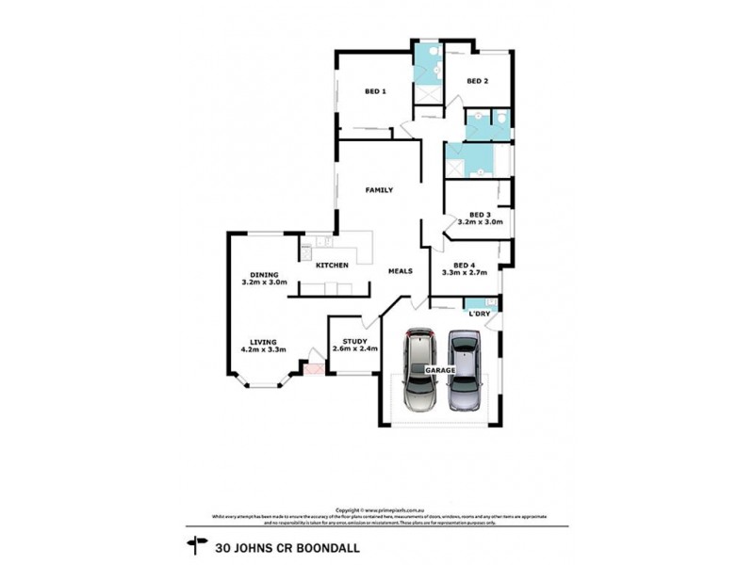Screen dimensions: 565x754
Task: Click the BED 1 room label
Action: (x=375, y=91)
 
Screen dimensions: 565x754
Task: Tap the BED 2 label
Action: (x=478, y=82)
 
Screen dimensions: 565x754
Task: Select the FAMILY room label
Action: (x=379, y=190)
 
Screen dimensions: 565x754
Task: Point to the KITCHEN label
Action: (x=333, y=266)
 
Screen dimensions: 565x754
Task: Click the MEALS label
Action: (x=402, y=271)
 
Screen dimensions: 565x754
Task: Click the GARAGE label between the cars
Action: (x=440, y=371)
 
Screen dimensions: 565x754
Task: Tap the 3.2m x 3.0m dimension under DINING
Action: (x=265, y=282)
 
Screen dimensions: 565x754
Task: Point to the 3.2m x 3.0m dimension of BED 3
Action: (x=480, y=222)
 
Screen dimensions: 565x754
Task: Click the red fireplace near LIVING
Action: (x=314, y=369)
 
